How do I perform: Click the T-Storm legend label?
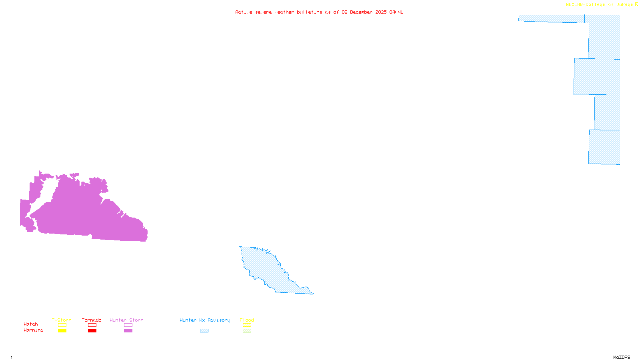point(62,320)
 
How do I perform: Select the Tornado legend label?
point(92,320)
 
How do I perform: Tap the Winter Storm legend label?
point(126,320)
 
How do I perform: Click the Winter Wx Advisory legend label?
point(205,320)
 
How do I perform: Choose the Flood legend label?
point(247,320)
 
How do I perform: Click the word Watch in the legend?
point(31,324)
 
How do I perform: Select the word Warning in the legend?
point(34,330)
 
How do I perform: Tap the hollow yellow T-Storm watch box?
point(62,325)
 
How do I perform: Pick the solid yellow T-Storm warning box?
point(62,331)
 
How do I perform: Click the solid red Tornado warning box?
point(92,331)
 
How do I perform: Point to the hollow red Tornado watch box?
point(92,325)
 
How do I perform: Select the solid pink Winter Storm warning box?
point(128,331)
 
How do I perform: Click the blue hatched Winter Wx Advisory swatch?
point(204,331)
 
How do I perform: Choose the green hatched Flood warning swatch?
point(247,331)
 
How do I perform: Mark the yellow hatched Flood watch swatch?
point(247,325)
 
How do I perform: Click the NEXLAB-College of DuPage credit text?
point(600,5)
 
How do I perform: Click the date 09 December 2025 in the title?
point(364,12)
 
